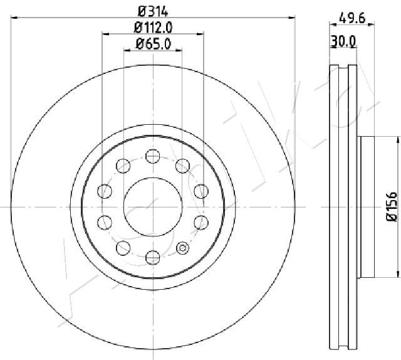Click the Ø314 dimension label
(153, 11)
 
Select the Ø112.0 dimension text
(153, 28)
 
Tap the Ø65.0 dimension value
(153, 44)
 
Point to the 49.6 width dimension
(352, 18)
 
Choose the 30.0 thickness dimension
(343, 41)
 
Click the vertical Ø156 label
(391, 206)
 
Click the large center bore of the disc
(153, 206)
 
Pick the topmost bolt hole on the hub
(153, 156)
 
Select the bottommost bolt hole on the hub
(153, 257)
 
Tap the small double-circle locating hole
(182, 248)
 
